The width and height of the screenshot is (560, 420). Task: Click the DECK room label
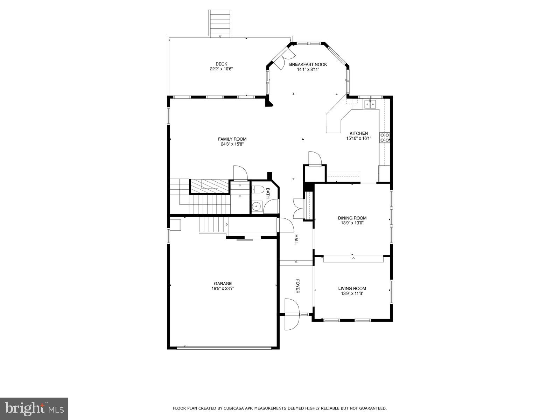coord(221,64)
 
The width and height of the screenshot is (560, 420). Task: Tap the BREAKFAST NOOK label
coord(308,64)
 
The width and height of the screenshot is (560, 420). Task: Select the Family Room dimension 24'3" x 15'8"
coord(232,144)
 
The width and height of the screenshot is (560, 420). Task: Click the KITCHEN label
coord(359,133)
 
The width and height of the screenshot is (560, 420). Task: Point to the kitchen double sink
coord(370,104)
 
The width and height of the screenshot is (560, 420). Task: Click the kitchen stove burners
coord(385,138)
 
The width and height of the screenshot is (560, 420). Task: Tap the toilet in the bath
coord(258,190)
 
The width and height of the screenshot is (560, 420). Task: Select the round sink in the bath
coord(257,207)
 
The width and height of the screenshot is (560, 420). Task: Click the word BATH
coord(268,193)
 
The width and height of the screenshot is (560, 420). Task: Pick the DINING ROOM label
coord(352,218)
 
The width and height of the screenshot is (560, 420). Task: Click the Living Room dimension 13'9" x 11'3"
coord(352,294)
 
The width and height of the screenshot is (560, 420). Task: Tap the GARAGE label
coord(223,284)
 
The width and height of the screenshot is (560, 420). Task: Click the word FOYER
coord(298,286)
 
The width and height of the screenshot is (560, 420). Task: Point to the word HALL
coord(296,239)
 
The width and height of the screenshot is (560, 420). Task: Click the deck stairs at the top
coord(220,23)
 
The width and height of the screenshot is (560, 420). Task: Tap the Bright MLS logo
coord(34,408)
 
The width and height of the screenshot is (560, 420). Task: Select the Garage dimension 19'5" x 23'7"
coord(223,289)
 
